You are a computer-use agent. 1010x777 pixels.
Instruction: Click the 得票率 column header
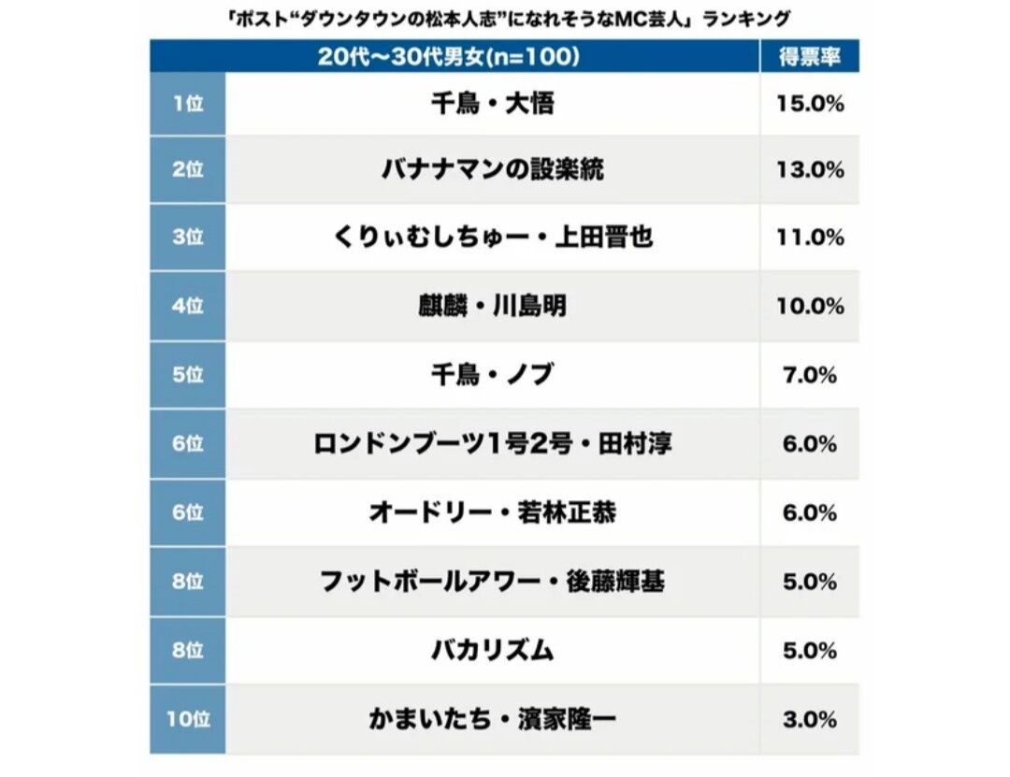pyautogui.click(x=810, y=56)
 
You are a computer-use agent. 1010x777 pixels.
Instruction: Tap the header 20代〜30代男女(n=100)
pyautogui.click(x=449, y=56)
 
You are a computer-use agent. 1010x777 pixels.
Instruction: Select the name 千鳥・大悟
pyautogui.click(x=492, y=103)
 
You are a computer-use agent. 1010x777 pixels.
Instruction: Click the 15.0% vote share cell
pyautogui.click(x=810, y=103)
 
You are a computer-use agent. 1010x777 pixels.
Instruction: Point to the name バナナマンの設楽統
pyautogui.click(x=492, y=170)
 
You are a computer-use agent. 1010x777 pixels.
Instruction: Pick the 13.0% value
pyautogui.click(x=810, y=170)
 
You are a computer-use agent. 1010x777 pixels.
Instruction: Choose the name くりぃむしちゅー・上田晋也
pyautogui.click(x=492, y=237)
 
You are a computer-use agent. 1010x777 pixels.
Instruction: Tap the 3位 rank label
pyautogui.click(x=188, y=237)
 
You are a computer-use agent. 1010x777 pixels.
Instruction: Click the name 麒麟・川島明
pyautogui.click(x=492, y=306)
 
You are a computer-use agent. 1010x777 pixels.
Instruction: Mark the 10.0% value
pyautogui.click(x=810, y=306)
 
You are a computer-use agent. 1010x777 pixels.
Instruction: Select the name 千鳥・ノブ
pyautogui.click(x=492, y=375)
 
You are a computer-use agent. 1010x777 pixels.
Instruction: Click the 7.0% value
pyautogui.click(x=810, y=375)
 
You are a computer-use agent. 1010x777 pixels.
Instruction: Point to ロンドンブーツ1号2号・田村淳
pyautogui.click(x=492, y=444)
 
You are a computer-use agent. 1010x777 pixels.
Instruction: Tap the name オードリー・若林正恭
pyautogui.click(x=492, y=512)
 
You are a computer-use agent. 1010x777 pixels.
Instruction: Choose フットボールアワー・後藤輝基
pyautogui.click(x=492, y=582)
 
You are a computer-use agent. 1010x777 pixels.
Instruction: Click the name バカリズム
pyautogui.click(x=492, y=650)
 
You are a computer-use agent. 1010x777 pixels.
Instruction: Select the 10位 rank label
pyautogui.click(x=188, y=719)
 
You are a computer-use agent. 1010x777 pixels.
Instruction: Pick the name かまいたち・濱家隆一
pyautogui.click(x=492, y=719)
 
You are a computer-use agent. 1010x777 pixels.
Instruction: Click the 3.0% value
pyautogui.click(x=810, y=719)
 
